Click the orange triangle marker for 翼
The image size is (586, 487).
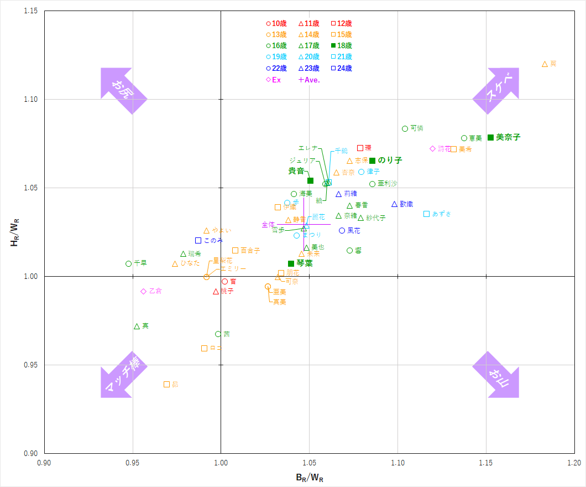[545, 64]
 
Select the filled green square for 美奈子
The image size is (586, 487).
[490, 137]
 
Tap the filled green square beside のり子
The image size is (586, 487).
[372, 160]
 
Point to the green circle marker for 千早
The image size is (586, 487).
[129, 264]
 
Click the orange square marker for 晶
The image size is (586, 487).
[166, 384]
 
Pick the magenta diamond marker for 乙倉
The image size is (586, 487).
[144, 291]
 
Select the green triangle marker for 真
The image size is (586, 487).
[137, 327]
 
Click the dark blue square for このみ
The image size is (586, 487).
[198, 240]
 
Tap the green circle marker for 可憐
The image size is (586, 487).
[405, 129]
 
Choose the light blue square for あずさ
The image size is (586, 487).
[427, 214]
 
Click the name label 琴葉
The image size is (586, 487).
[305, 263]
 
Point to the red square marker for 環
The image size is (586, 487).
[360, 148]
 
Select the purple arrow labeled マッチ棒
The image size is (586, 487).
[122, 375]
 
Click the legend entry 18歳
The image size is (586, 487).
[341, 46]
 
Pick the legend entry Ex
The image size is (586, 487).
[274, 80]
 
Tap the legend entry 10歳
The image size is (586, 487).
[276, 24]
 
